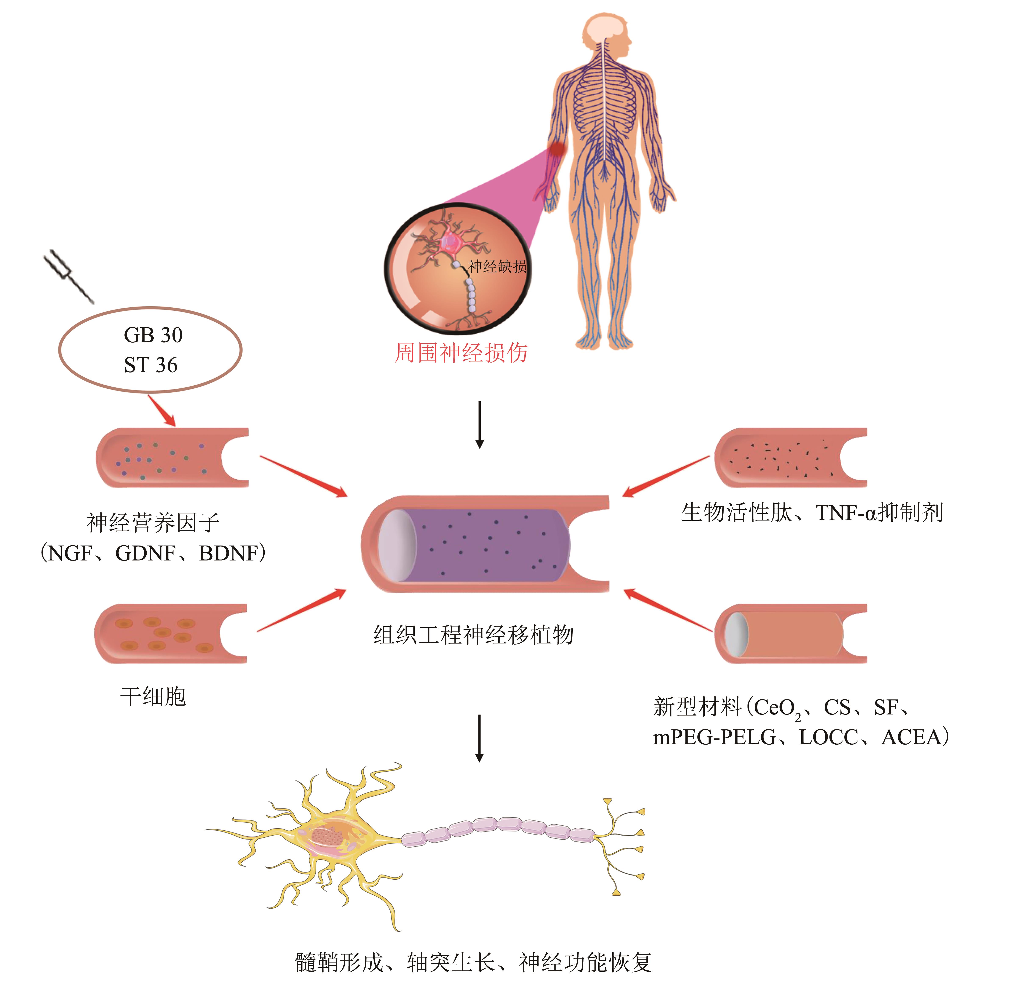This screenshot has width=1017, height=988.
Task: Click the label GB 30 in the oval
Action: point(153,335)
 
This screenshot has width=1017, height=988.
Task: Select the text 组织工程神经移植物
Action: point(473,634)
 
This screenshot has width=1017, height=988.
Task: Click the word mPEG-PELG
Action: point(714,737)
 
